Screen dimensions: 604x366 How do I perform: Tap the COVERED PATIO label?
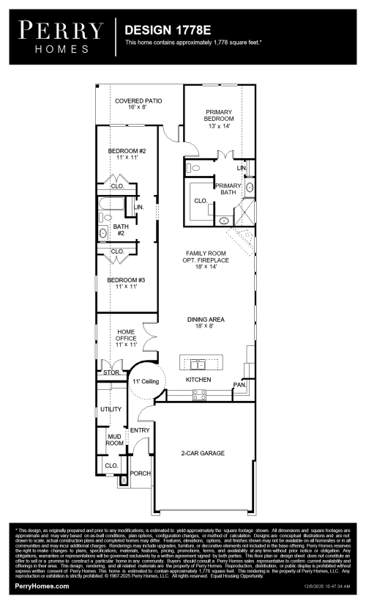pyautogui.click(x=138, y=103)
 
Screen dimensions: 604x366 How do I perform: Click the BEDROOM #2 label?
pyautogui.click(x=127, y=154)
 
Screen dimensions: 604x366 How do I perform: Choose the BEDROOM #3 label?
pyautogui.click(x=127, y=283)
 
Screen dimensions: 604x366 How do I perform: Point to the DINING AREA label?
pyautogui.click(x=205, y=323)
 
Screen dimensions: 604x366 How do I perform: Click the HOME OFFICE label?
pyautogui.click(x=127, y=337)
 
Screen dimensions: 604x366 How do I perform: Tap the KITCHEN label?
pyautogui.click(x=198, y=380)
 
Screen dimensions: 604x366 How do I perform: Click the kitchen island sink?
pyautogui.click(x=198, y=364)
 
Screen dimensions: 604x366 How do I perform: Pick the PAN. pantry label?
pyautogui.click(x=239, y=385)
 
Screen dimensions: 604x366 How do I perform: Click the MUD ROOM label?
pyautogui.click(x=114, y=439)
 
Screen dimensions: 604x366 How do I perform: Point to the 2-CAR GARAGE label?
pyautogui.click(x=202, y=454)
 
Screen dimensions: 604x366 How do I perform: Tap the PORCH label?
pyautogui.click(x=140, y=474)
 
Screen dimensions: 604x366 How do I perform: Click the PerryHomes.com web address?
pyautogui.click(x=42, y=586)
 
